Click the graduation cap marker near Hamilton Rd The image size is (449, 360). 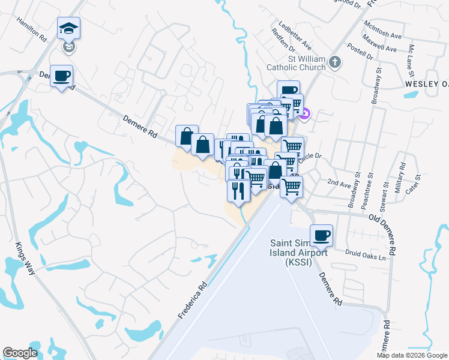[69, 28]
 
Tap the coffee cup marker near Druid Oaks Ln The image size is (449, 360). [321, 235]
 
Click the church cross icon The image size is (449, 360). [336, 61]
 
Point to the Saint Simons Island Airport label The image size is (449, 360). [298, 251]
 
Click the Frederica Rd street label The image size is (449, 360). [192, 300]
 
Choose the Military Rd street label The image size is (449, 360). [398, 179]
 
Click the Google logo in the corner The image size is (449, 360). [20, 353]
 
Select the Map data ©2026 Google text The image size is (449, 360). [412, 355]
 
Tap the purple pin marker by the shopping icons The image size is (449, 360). [305, 113]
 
